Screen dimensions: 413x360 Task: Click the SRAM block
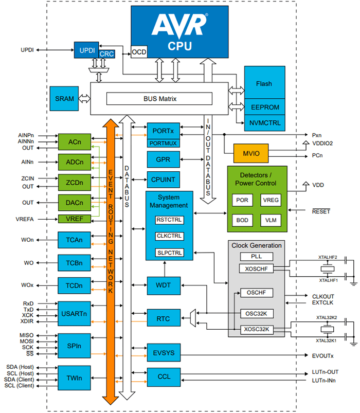tap(64, 98)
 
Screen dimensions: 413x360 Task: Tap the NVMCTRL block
tap(264, 122)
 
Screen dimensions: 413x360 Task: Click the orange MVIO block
tap(251, 153)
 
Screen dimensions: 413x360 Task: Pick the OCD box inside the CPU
tap(139, 52)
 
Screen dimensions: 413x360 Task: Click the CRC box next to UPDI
tap(106, 54)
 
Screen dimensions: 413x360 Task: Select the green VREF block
tap(74, 219)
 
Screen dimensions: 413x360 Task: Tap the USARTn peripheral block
tap(74, 313)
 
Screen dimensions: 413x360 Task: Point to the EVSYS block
tap(164, 353)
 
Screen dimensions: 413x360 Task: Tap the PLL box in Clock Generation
tap(256, 256)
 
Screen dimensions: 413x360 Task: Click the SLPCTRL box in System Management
tap(169, 253)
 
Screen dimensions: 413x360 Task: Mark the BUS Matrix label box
tap(159, 98)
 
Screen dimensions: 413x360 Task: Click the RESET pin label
tap(321, 211)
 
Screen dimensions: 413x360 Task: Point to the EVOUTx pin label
tap(323, 356)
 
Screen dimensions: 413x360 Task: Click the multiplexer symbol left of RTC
tap(192, 317)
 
